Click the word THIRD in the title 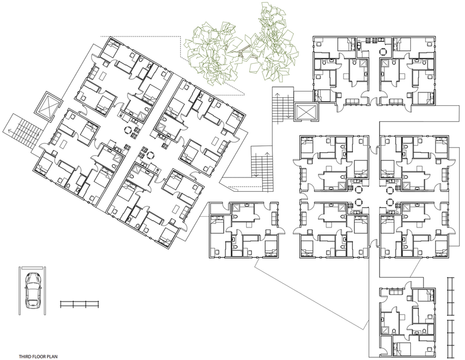click(25, 356)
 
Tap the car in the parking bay click(33, 290)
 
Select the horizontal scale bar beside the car click(80, 304)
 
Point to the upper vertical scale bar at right click(450, 296)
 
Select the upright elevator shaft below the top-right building click(306, 112)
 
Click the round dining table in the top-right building click(383, 52)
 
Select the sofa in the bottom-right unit click(395, 292)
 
